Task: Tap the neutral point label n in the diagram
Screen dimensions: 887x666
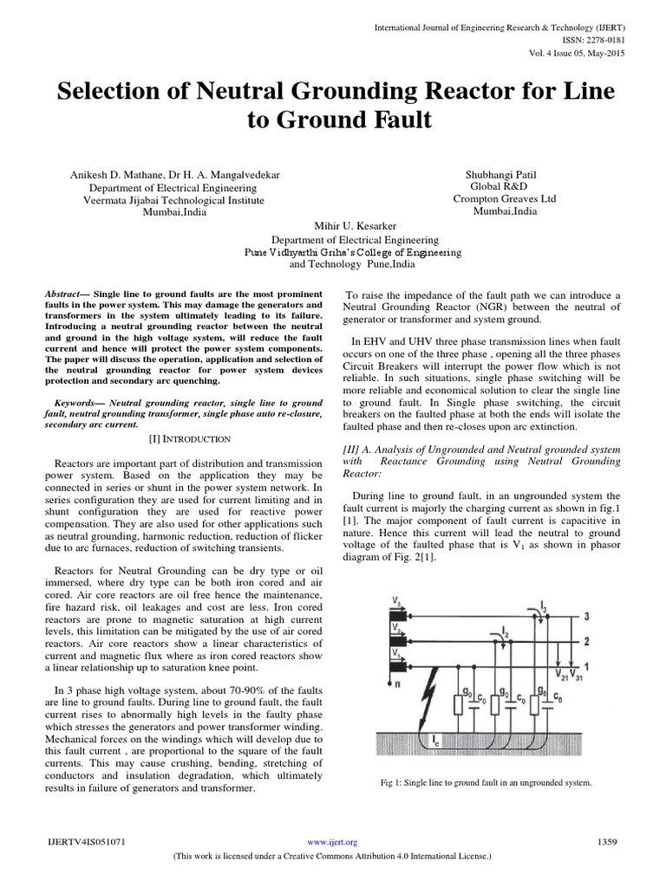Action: (398, 683)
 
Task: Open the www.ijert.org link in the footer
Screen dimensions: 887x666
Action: (333, 841)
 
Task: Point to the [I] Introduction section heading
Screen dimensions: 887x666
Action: (175, 439)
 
